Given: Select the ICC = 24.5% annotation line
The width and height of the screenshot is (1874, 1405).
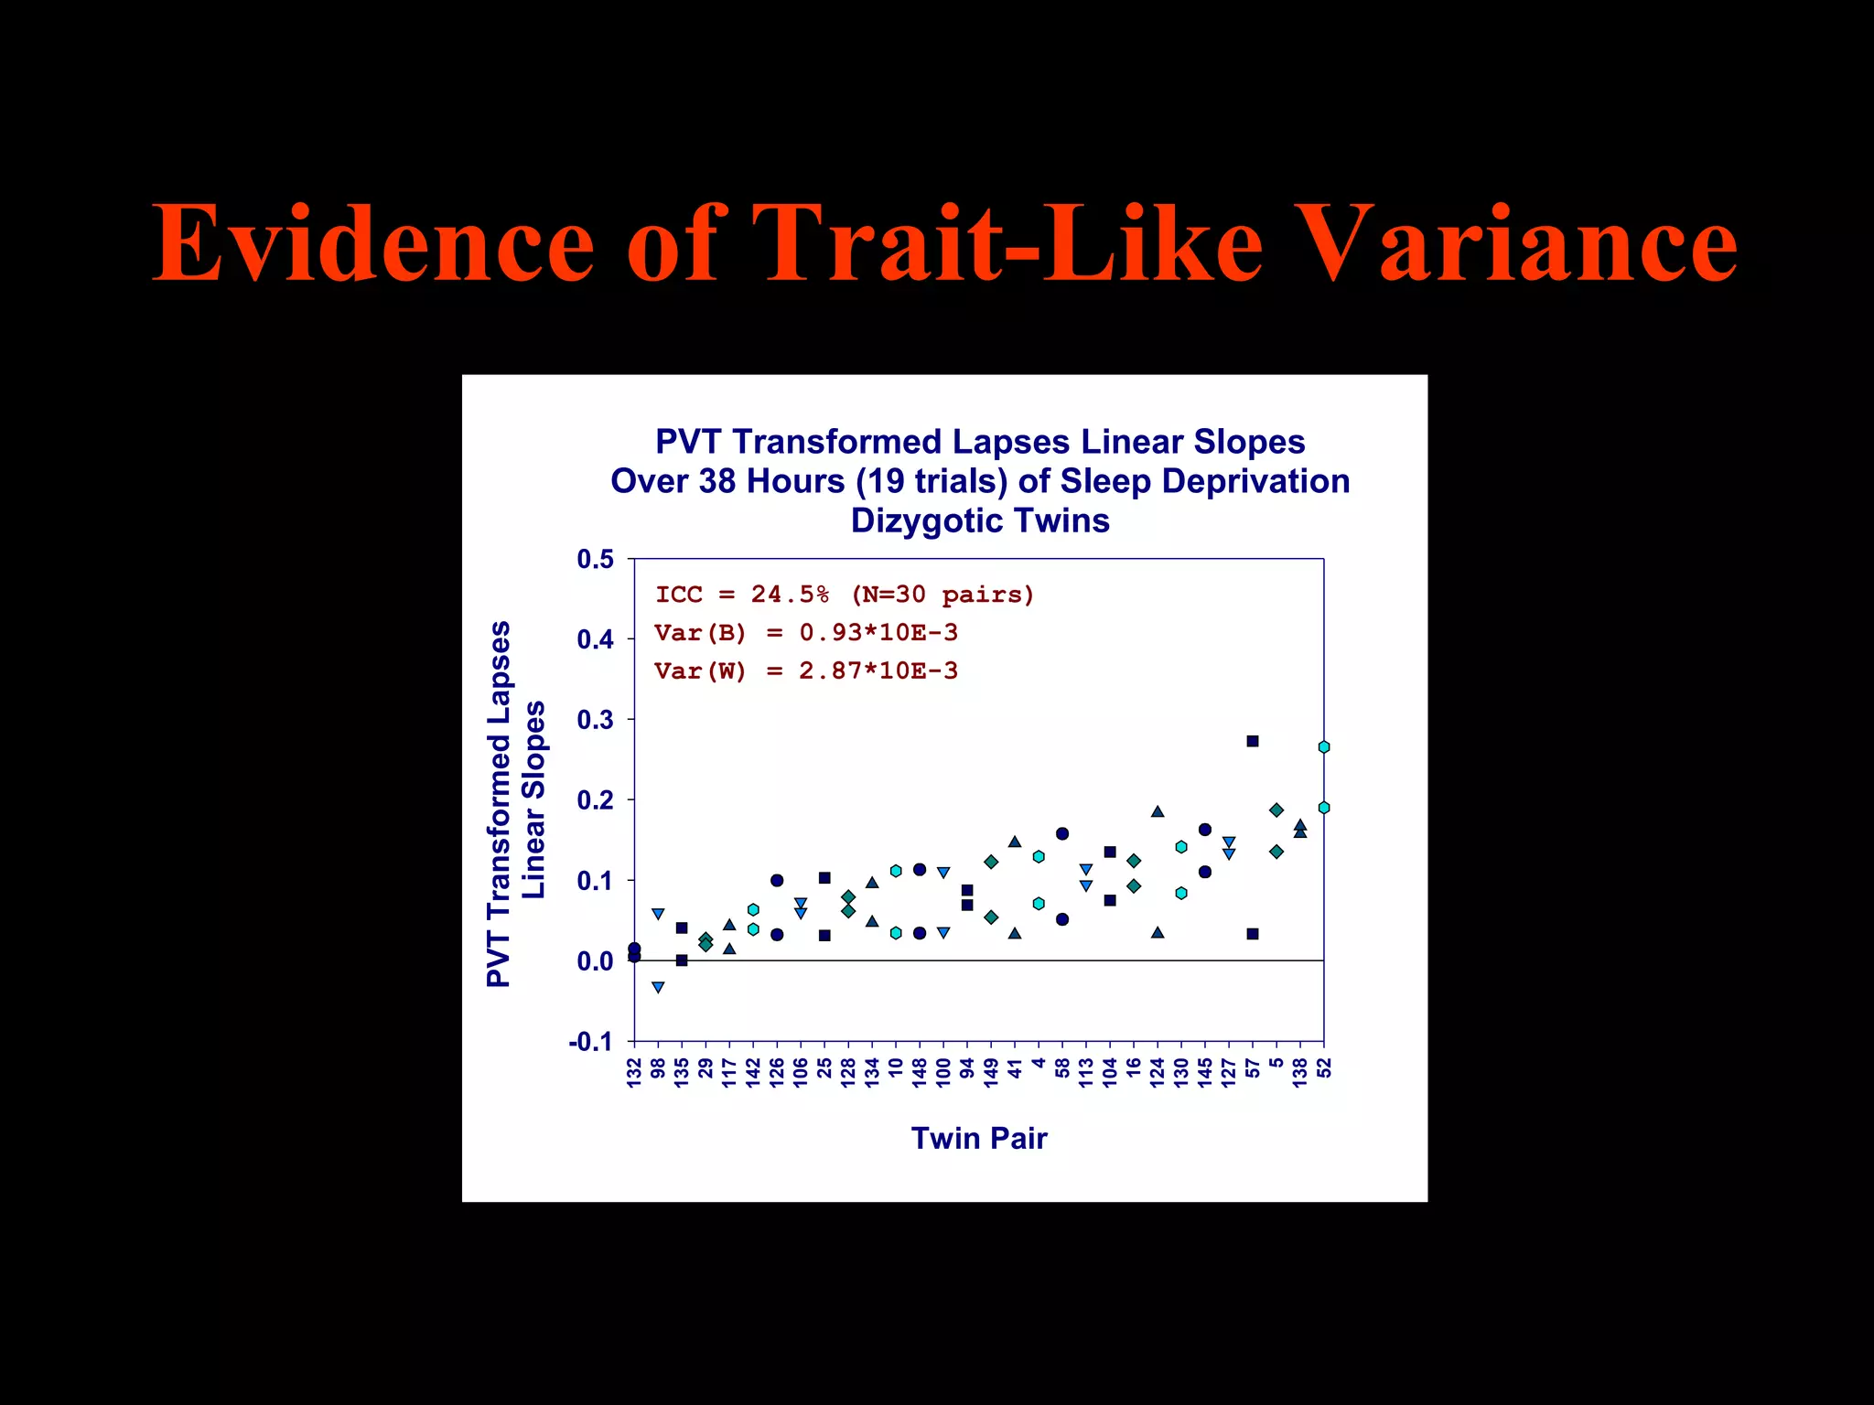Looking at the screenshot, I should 845,595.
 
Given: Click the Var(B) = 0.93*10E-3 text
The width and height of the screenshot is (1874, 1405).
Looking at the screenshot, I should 806,633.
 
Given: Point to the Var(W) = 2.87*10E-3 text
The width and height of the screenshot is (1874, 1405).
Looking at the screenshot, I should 806,671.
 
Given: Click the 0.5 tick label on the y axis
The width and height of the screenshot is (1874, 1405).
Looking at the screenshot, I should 596,559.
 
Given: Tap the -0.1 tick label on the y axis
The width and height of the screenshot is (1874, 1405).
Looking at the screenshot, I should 591,1042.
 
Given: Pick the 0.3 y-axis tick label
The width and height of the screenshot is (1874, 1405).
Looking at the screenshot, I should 596,720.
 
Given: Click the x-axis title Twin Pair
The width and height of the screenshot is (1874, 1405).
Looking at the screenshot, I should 979,1138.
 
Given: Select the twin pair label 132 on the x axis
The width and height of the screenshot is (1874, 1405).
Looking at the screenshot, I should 634,1072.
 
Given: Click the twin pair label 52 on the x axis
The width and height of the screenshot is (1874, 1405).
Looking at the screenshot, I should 1324,1068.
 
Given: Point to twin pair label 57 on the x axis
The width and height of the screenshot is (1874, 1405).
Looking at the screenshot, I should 1253,1068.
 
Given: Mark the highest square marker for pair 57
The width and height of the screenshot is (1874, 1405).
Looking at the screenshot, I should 1253,741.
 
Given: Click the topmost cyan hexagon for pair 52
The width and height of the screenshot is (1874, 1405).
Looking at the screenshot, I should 1323,747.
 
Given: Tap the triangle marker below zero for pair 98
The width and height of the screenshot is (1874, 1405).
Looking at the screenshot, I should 658,987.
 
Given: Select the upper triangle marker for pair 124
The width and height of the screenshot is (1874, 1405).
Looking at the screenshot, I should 1158,811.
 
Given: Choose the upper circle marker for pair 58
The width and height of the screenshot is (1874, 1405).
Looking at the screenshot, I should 1062,833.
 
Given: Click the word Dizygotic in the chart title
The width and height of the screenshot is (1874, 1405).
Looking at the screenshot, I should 916,520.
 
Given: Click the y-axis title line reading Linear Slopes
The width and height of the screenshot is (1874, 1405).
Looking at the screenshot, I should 533,800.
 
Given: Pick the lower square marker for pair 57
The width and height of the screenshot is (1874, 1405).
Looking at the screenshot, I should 1253,934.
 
